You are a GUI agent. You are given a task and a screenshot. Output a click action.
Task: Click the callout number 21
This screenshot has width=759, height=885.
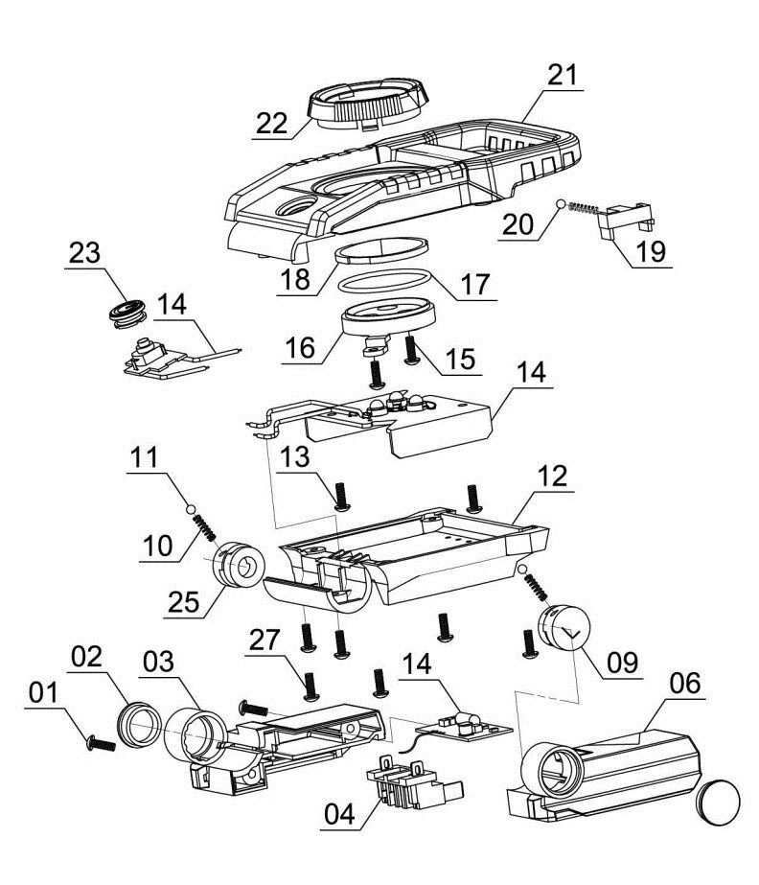pos(562,75)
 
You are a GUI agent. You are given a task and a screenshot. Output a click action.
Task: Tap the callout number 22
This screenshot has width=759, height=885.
pos(271,124)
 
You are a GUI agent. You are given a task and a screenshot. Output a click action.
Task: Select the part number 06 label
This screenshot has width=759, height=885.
pos(684,683)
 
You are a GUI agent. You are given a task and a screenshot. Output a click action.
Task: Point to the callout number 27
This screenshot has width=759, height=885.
pos(264,640)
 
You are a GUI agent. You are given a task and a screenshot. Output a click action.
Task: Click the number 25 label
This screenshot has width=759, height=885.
pos(183,602)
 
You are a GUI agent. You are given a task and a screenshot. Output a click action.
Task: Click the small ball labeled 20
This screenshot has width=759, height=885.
pos(561,204)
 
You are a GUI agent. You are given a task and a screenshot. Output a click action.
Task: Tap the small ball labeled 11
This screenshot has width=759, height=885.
pos(191,509)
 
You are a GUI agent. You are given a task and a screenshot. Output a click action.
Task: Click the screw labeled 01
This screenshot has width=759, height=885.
pos(101,744)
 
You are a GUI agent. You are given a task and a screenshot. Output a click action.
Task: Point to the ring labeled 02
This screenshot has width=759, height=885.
pos(138,724)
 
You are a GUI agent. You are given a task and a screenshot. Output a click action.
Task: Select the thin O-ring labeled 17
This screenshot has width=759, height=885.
pos(385,281)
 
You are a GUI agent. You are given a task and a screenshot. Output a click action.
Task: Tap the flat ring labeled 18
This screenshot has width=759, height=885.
pos(381,250)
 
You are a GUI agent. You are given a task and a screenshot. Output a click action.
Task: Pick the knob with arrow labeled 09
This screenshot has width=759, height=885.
pos(563,627)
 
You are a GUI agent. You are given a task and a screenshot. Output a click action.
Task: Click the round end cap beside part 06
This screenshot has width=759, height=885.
pos(719,803)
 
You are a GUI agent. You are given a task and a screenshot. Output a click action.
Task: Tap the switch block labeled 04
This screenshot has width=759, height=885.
pos(415,783)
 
